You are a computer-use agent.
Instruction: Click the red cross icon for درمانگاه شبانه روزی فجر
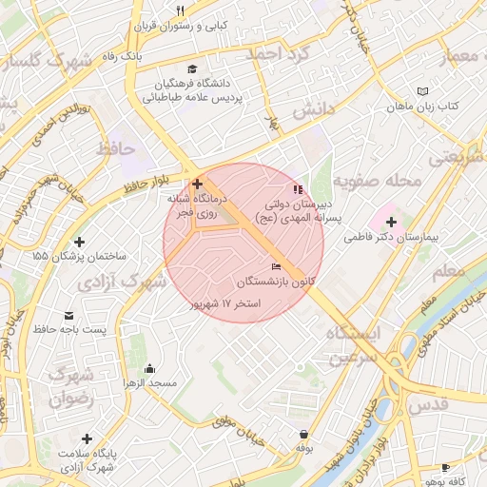(x=197, y=183)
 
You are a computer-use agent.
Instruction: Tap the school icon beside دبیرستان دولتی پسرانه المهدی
(x=298, y=187)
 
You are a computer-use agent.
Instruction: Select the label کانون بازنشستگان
(x=277, y=282)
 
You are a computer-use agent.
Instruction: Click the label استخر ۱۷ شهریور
(x=226, y=302)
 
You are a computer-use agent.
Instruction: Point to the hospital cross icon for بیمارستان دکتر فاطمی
(x=392, y=221)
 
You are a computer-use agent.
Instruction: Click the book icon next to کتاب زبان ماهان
(x=422, y=91)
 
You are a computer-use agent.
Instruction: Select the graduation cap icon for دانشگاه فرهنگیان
(x=195, y=68)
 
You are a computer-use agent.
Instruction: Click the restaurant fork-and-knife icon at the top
(x=179, y=11)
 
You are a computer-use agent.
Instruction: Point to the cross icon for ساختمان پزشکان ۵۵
(x=78, y=243)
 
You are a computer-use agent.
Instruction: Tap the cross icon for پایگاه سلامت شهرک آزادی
(x=87, y=439)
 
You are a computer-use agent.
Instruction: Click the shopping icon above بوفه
(x=303, y=433)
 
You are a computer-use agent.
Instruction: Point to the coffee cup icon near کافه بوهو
(x=445, y=467)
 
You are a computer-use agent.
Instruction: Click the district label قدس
(x=428, y=404)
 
